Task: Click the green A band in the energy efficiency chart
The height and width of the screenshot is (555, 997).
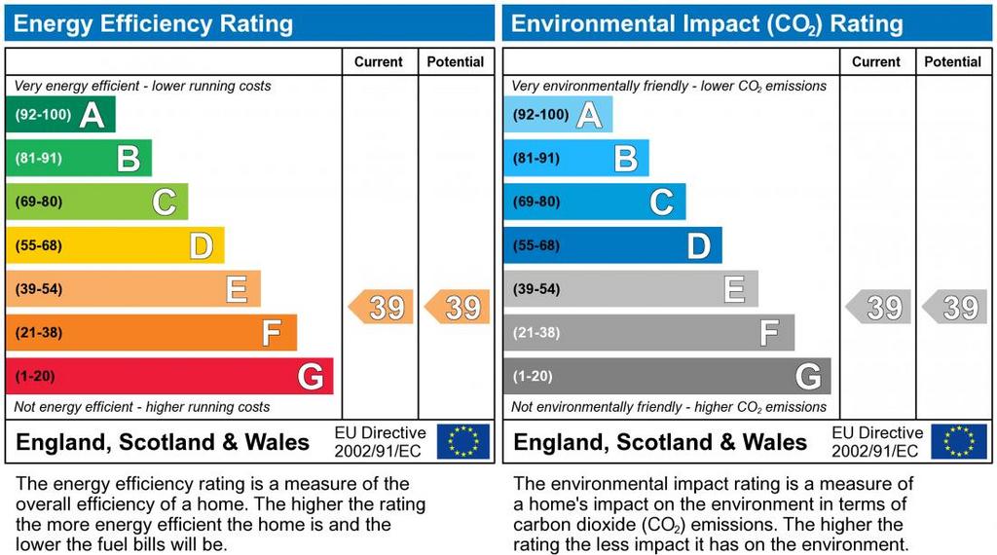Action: tap(60, 115)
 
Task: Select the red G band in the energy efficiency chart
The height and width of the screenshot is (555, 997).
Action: tap(169, 376)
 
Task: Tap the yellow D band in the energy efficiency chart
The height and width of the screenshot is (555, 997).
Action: tap(115, 245)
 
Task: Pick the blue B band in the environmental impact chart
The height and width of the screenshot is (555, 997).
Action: tap(575, 158)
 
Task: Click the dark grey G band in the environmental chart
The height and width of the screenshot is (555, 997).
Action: tap(667, 376)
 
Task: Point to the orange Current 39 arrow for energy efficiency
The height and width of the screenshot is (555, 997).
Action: tap(381, 308)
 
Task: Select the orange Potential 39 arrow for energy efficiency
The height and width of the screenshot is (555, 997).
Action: tap(458, 308)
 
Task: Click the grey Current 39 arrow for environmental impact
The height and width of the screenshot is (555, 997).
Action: tap(878, 308)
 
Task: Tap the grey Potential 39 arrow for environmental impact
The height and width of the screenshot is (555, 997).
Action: tap(955, 308)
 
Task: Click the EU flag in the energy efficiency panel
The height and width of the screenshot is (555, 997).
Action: tap(463, 441)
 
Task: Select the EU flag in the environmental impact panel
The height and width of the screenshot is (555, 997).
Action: tap(959, 441)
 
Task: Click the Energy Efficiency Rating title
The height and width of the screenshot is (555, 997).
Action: tap(153, 23)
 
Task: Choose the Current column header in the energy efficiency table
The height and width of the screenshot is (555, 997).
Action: tap(379, 61)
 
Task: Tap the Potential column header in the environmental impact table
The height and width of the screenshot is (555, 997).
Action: tap(953, 61)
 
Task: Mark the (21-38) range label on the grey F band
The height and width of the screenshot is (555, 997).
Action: tap(535, 333)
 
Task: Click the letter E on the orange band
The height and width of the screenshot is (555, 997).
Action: tap(236, 289)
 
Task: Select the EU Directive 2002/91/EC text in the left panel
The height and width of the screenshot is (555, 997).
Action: tap(380, 441)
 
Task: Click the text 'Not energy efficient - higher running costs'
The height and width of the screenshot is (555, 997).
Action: tap(142, 407)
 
